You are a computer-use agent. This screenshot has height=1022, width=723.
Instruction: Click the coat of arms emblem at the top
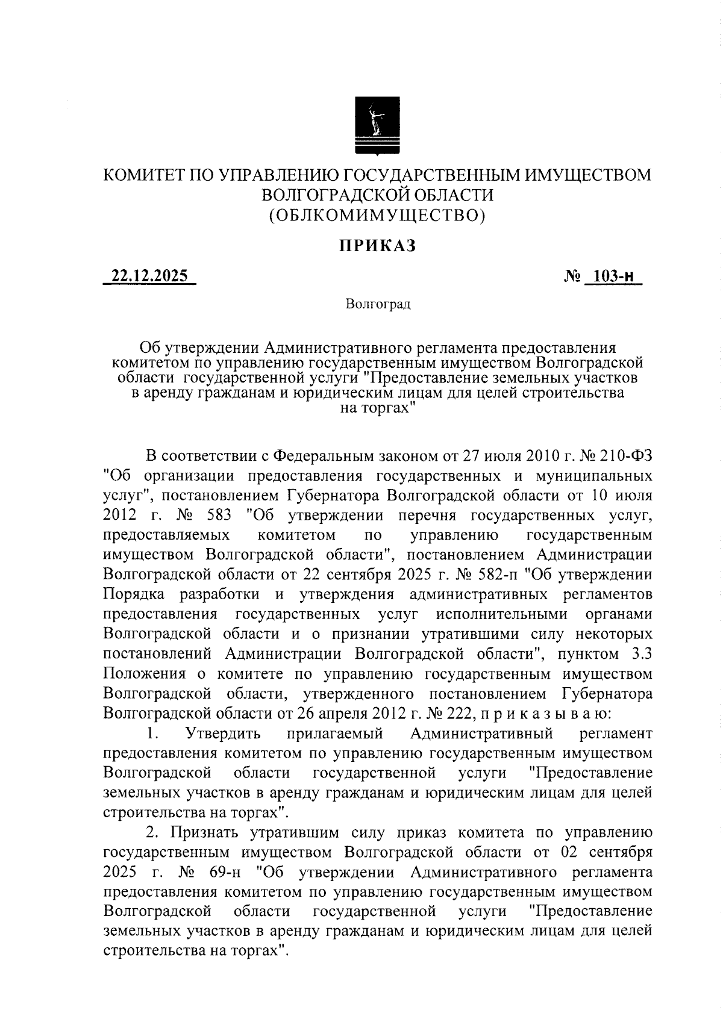click(376, 126)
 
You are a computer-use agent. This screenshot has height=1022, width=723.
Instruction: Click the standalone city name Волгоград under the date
click(378, 304)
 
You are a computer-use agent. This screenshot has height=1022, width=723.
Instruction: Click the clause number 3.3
click(640, 654)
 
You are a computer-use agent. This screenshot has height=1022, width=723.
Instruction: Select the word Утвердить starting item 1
click(224, 734)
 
